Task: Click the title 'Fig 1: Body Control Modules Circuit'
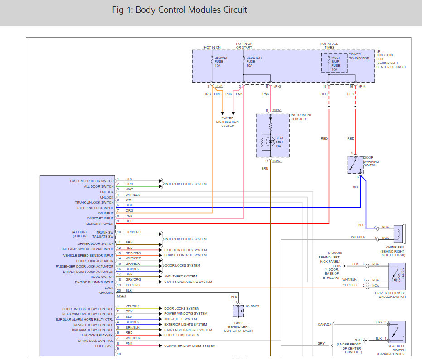point(180,10)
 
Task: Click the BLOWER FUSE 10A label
point(221,62)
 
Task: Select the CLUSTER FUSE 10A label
point(253,62)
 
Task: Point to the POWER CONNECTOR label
point(359,56)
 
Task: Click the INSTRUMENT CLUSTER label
point(301,117)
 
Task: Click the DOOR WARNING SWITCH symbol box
point(355,165)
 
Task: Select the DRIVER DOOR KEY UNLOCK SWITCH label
point(391,295)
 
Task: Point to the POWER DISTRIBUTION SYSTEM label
point(228,122)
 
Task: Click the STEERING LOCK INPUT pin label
point(95,208)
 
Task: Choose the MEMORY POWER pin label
point(100,224)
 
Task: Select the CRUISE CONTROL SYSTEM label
point(185,255)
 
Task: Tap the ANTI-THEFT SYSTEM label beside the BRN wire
point(180,277)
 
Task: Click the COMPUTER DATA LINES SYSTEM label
point(189,346)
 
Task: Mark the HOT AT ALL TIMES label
point(329,46)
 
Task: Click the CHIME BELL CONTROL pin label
point(96,341)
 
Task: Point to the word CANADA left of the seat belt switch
point(325,324)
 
